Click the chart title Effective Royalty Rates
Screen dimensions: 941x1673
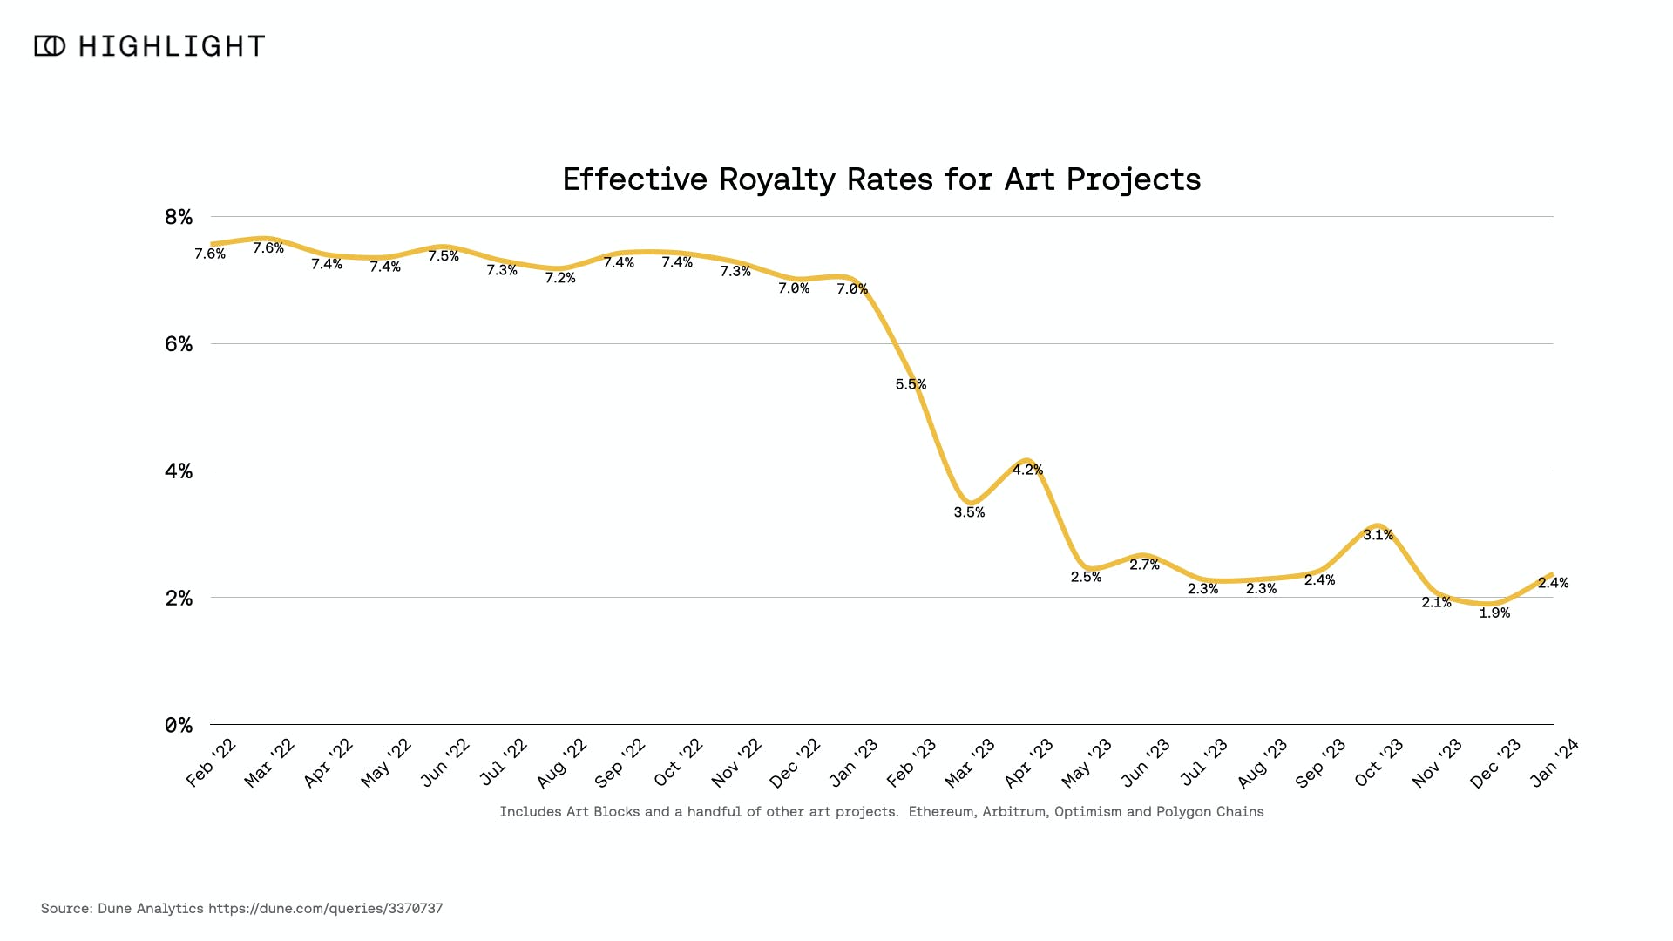coord(881,179)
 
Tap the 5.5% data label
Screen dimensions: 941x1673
coord(911,384)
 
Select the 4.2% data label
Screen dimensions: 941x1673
coord(1027,470)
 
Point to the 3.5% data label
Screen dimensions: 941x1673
coord(969,512)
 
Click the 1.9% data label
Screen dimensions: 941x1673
coord(1494,613)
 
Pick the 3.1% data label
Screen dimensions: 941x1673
coord(1378,535)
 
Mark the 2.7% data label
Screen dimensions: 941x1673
coord(1144,565)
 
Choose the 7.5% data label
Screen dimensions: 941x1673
coord(444,256)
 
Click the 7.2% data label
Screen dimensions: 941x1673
coord(560,278)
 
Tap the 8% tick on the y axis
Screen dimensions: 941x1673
coord(179,217)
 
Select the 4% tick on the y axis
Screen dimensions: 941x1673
coord(179,471)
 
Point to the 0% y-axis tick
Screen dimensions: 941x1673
coord(179,726)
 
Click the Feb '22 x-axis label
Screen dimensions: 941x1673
coord(211,762)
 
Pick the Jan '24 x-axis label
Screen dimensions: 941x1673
coord(1554,762)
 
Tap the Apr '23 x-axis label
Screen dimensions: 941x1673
coord(1029,762)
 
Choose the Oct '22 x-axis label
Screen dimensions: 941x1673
coord(678,762)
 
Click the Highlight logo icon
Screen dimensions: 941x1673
coord(50,46)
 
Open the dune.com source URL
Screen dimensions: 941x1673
coord(325,909)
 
